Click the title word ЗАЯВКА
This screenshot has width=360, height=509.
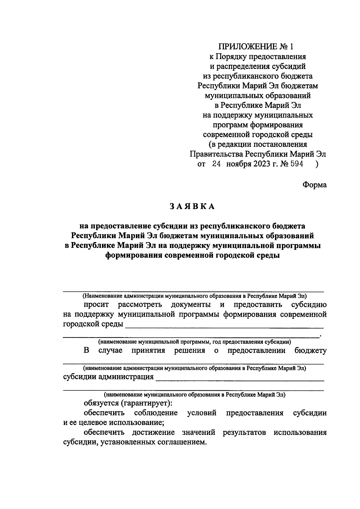coord(192,207)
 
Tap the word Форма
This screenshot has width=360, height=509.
coord(314,185)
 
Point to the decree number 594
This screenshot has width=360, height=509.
coord(296,164)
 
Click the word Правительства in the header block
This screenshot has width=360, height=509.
coord(217,154)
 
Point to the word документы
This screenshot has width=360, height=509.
coord(190,305)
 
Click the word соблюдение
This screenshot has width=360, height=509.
coord(156,413)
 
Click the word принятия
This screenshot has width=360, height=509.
coord(148,351)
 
